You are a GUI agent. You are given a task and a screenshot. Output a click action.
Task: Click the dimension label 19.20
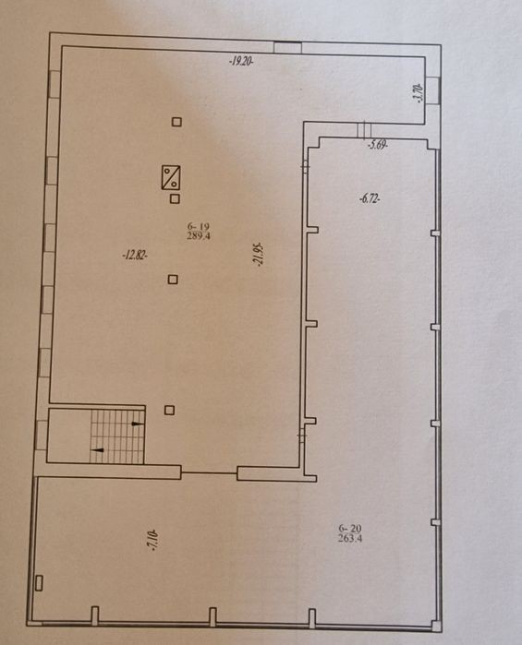[x=241, y=62]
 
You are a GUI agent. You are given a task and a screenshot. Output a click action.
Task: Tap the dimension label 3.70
[x=419, y=92]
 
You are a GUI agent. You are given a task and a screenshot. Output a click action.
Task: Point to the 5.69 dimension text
[x=378, y=145]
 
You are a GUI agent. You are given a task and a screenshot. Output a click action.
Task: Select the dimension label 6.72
[x=370, y=199]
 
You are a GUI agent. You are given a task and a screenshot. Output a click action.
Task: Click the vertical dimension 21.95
[x=260, y=255]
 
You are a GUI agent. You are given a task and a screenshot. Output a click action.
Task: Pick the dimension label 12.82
[x=135, y=256]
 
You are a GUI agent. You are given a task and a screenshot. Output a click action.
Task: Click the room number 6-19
[x=199, y=226]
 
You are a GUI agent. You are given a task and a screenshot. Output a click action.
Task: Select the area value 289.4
[x=199, y=235]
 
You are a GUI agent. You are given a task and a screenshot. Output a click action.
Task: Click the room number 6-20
[x=350, y=528]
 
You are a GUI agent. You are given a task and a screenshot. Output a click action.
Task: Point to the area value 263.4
[x=350, y=538]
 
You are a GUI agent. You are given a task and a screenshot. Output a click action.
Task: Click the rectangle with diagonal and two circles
[x=171, y=177]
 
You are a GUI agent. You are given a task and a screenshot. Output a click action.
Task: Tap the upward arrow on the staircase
[x=138, y=424]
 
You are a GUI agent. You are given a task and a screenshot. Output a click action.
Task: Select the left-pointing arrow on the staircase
[x=98, y=450]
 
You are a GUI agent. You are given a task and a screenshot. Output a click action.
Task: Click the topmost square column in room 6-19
[x=176, y=122]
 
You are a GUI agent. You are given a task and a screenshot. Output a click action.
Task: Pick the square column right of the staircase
[x=169, y=410]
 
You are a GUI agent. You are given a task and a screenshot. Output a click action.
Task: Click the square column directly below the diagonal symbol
[x=176, y=199]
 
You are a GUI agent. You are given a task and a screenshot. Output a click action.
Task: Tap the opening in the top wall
[x=287, y=47]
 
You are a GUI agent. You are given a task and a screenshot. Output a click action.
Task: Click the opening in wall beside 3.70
[x=433, y=90]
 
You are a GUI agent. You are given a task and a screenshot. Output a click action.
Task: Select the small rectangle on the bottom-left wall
[x=39, y=583]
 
